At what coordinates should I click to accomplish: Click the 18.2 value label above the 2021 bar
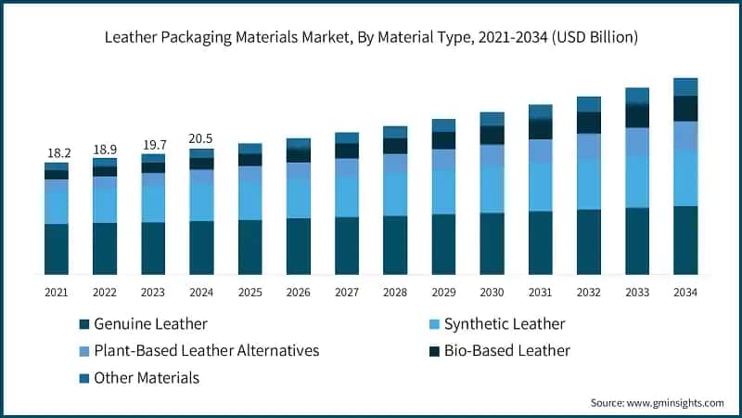(x=57, y=152)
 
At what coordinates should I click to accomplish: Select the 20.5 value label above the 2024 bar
(x=201, y=137)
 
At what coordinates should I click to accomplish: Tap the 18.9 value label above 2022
(x=105, y=149)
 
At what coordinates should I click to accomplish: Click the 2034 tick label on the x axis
(x=684, y=293)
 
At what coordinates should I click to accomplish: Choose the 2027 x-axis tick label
(x=346, y=293)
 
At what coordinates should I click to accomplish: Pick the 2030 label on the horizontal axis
(x=492, y=293)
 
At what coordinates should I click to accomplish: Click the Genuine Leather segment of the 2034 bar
(x=684, y=240)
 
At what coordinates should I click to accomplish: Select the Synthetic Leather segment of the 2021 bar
(x=57, y=206)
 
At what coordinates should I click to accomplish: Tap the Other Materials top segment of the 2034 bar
(x=684, y=86)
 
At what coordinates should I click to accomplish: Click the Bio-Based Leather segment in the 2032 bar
(x=588, y=123)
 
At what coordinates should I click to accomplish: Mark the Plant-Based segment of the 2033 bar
(x=636, y=141)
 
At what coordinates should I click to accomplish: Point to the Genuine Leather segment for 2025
(x=249, y=246)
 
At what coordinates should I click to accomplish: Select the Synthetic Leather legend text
(x=505, y=324)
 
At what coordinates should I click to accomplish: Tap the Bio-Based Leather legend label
(x=506, y=351)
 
